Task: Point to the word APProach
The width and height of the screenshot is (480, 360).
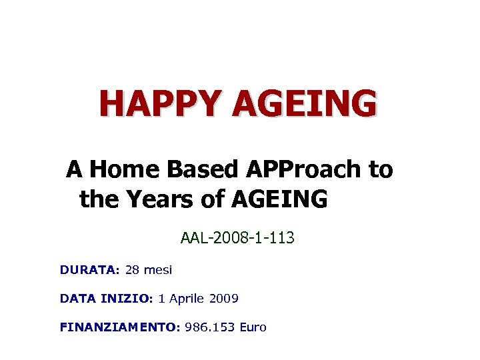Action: [299, 170]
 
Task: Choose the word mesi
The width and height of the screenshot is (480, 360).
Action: [157, 270]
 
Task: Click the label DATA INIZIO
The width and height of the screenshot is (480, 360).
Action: [107, 299]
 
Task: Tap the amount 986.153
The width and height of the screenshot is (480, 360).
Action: [210, 327]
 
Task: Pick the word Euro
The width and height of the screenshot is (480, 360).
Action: [253, 327]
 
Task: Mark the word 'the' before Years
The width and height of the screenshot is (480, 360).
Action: [97, 198]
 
